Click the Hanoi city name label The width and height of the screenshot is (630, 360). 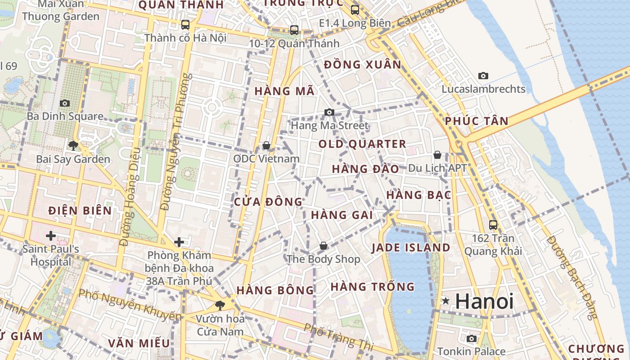(x=484, y=301)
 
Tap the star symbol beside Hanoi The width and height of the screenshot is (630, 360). (x=445, y=301)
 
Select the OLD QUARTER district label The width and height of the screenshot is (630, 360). (x=362, y=144)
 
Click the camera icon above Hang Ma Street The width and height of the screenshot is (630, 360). (x=329, y=112)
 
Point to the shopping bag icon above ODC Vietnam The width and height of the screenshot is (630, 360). (x=266, y=145)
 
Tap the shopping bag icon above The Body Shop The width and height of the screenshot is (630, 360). (x=323, y=246)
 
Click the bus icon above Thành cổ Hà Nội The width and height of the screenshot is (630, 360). (x=185, y=24)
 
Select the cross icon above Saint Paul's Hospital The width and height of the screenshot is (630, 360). (x=50, y=236)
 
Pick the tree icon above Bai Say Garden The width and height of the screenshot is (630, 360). (x=73, y=145)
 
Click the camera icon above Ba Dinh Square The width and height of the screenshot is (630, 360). (x=65, y=103)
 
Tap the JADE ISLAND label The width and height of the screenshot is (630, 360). (x=410, y=247)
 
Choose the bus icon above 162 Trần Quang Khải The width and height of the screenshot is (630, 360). (x=493, y=225)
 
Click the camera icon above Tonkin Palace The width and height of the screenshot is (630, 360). (x=472, y=338)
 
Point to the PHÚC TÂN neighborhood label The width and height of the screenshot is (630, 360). (x=477, y=121)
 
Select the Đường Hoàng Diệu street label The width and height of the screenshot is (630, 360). (x=129, y=197)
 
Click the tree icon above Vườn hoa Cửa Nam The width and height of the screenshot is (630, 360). (x=220, y=306)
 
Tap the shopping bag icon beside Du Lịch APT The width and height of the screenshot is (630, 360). (x=437, y=155)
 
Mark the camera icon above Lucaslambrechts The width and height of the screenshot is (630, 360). (x=483, y=76)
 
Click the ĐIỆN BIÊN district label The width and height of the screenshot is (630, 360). (x=80, y=210)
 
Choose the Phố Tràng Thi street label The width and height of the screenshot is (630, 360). (x=339, y=337)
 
